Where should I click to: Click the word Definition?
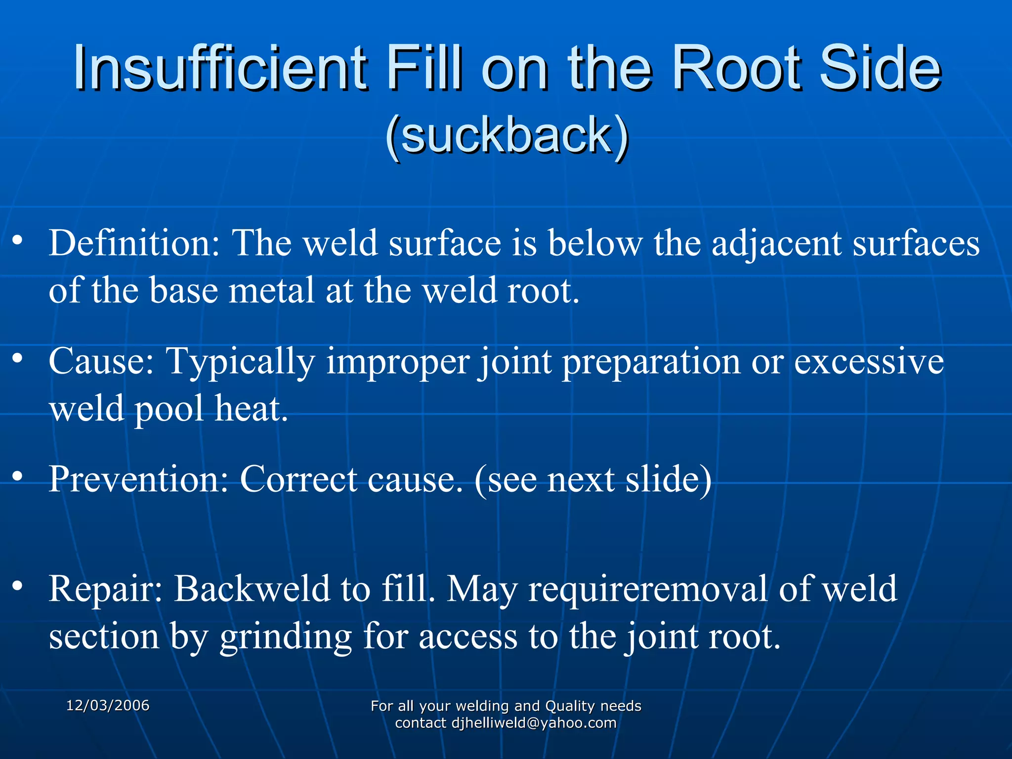point(134,244)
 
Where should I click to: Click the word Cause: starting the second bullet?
point(101,361)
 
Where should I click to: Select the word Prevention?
point(138,479)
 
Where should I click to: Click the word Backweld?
point(252,589)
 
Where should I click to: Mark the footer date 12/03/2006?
point(108,706)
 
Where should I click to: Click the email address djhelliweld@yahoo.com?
point(534,723)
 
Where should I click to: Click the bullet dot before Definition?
point(18,240)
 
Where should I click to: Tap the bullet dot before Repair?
point(18,586)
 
